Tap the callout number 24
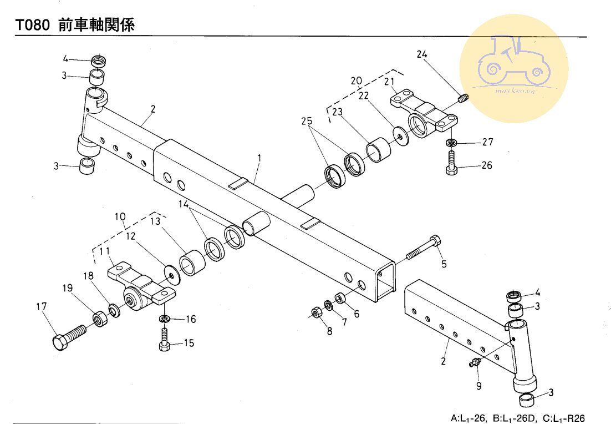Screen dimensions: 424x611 point(422,54)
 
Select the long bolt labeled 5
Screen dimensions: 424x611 point(424,248)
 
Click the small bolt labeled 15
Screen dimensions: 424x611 point(165,340)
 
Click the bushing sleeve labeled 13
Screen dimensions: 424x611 point(192,264)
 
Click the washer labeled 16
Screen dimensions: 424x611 point(164,319)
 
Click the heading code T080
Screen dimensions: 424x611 point(33,25)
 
